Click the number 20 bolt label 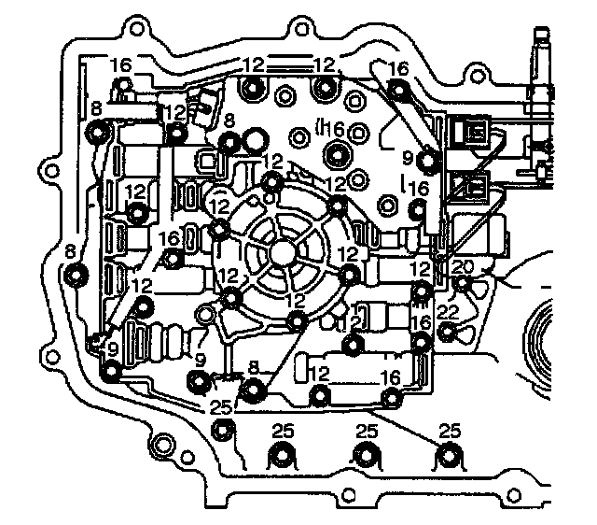tap(464, 267)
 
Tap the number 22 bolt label tap(448, 311)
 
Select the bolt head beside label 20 tap(459, 283)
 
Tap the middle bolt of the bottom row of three tap(366, 457)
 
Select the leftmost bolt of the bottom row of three tap(280, 457)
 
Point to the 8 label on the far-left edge tap(70, 249)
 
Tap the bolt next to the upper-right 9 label tap(427, 163)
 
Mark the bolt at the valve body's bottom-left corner tap(112, 373)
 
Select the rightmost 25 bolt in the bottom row tap(451, 457)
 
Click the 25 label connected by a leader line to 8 tap(220, 407)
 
